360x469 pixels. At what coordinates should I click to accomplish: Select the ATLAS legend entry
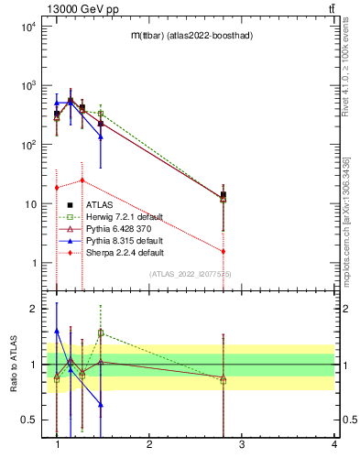[x=98, y=205]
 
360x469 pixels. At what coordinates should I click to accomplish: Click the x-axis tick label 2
[x=149, y=444]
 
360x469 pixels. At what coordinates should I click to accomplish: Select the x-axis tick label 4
[x=334, y=444]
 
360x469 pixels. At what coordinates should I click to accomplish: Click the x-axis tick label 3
[x=242, y=444]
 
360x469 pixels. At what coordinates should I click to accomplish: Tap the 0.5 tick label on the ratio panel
[x=30, y=420]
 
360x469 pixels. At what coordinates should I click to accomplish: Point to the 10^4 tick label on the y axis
[x=27, y=26]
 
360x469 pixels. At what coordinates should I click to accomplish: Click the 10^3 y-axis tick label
[x=27, y=85]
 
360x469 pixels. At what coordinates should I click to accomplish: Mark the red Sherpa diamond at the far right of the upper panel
[x=224, y=251]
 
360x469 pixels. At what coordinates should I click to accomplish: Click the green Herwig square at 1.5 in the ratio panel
[x=101, y=333]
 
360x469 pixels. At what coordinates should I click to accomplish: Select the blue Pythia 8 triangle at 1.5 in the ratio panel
[x=101, y=404]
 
